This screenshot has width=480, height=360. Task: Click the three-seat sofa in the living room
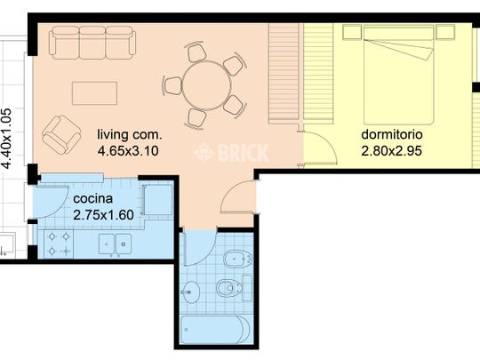92,43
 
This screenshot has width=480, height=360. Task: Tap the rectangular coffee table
94,93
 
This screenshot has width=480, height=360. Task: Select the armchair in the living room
61,135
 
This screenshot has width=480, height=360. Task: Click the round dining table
206,85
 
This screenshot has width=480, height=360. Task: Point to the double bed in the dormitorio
399,75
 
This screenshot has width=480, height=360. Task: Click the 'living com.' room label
129,134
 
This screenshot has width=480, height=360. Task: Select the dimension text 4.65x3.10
128,150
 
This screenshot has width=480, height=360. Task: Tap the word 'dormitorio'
392,134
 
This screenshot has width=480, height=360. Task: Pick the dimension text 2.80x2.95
391,150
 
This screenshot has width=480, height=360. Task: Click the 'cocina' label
93,199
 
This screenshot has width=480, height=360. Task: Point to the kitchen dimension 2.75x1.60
103,215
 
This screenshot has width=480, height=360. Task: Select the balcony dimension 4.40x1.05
6,138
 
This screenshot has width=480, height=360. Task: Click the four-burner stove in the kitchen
59,244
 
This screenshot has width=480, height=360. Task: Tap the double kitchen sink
115,244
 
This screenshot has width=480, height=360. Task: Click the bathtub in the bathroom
216,330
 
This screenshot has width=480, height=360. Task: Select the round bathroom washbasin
192,292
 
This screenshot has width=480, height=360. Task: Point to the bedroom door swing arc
325,144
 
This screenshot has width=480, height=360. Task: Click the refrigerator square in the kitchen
157,200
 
